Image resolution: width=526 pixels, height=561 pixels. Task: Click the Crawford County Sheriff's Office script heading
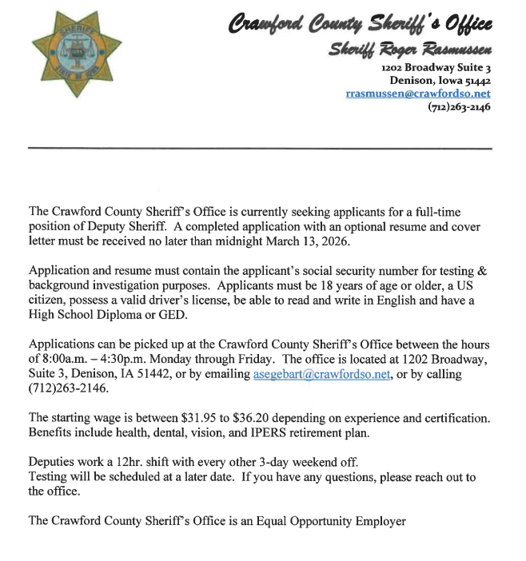tap(362, 24)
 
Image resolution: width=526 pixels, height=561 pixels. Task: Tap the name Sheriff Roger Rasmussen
tap(410, 50)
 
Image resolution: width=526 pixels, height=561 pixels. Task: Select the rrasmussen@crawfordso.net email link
tap(417, 93)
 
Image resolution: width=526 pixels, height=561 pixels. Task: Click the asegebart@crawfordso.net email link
tap(321, 375)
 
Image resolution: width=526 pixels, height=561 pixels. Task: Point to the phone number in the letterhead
tap(459, 106)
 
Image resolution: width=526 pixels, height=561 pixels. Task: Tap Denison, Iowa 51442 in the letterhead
tap(440, 81)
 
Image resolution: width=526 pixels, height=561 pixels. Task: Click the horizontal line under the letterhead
tap(260, 149)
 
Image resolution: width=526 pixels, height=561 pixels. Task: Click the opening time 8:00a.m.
tap(68, 360)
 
